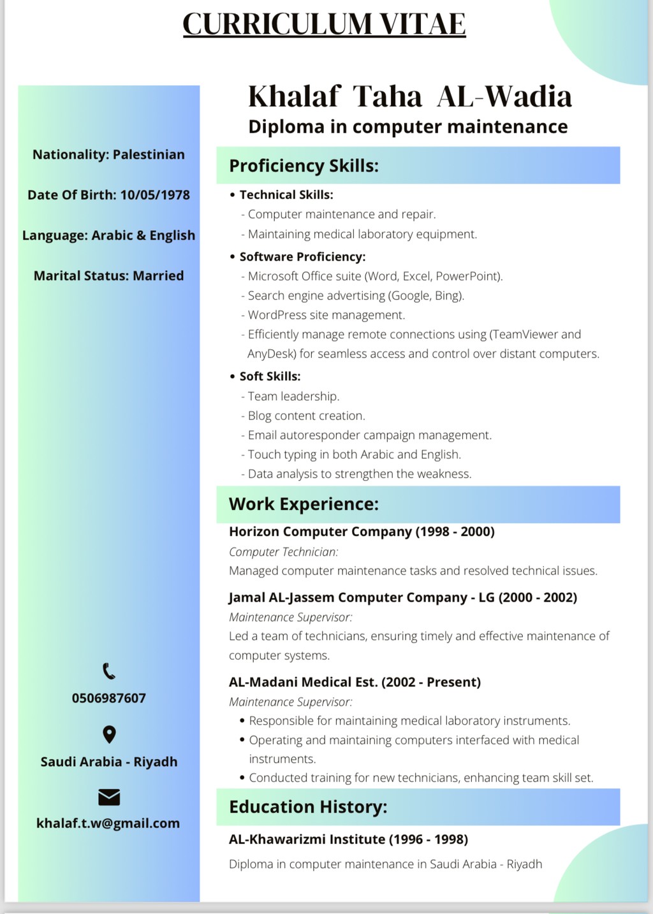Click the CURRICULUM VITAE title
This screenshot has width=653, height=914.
click(x=324, y=24)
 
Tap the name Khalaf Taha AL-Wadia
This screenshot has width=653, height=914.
click(x=409, y=96)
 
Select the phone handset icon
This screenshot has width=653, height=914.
click(x=109, y=671)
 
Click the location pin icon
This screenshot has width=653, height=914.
click(x=109, y=734)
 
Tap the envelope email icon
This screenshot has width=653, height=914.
click(x=109, y=797)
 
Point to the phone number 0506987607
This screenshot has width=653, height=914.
click(x=109, y=698)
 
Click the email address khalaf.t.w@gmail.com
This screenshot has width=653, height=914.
click(x=108, y=823)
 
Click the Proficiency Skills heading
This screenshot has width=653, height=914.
click(x=304, y=166)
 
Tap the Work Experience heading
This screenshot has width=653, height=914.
click(x=304, y=504)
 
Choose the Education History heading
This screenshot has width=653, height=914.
click(x=308, y=807)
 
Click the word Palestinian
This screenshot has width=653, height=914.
click(x=149, y=154)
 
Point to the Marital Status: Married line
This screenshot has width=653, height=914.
click(x=108, y=275)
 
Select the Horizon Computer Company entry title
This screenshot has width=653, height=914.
click(x=362, y=532)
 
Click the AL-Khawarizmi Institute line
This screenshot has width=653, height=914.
click(x=348, y=839)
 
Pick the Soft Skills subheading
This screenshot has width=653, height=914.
click(x=270, y=376)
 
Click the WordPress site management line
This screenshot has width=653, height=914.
click(x=326, y=315)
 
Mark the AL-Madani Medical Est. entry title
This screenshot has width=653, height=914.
click(x=355, y=682)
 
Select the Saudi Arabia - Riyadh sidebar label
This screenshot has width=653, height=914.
click(x=109, y=762)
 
